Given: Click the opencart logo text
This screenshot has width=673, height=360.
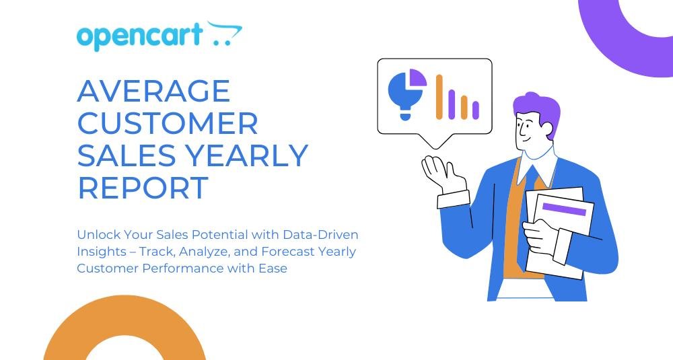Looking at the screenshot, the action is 140,37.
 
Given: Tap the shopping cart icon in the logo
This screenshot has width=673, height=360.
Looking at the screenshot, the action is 225,34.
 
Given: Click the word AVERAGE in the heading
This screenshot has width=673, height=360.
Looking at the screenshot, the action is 153,91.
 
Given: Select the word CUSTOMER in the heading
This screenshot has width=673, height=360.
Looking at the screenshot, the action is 168,123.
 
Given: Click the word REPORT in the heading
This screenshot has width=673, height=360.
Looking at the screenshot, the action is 143,188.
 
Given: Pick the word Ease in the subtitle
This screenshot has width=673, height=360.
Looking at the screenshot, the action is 273,268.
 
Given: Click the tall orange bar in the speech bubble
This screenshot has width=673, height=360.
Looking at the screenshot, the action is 439,97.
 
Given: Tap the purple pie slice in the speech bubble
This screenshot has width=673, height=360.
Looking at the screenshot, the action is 418,77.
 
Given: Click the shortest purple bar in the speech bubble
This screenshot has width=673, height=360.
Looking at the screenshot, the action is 476,110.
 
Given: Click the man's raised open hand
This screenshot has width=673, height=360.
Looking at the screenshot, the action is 443,174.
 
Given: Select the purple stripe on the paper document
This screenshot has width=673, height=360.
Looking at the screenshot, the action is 564,209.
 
